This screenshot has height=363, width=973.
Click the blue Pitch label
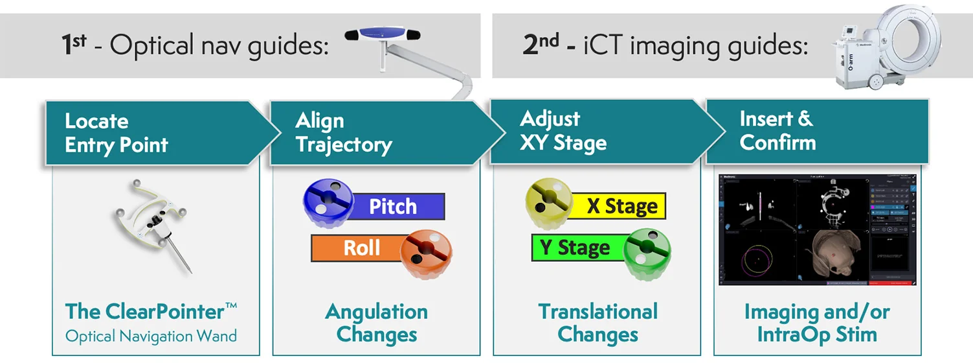pos(394,207)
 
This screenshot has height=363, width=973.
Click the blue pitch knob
pos(329,198)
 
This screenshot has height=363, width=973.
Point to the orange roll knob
pos(426,254)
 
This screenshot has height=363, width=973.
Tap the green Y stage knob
pos(647,254)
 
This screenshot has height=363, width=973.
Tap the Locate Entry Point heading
pos(117,133)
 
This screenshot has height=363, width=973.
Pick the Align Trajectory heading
pos(343,133)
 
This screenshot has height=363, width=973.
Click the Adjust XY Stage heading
pos(563,131)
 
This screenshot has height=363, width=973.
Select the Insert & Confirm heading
pos(777,131)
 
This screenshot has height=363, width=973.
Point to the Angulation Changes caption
pos(376,323)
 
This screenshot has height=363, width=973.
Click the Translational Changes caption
pos(598,323)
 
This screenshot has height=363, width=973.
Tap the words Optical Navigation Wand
pos(151,336)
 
